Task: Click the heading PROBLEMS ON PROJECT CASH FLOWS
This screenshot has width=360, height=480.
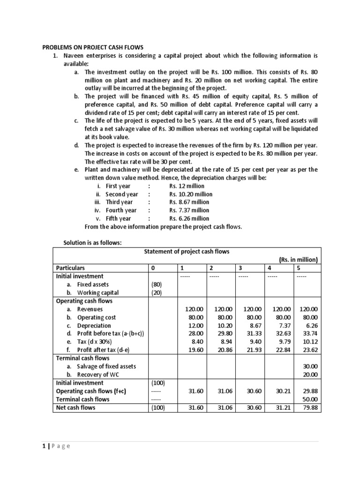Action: tap(93, 47)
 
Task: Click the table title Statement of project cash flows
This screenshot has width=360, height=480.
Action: tap(186, 251)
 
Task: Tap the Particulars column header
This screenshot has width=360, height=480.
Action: tap(71, 268)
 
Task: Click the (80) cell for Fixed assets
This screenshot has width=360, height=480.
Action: tap(156, 284)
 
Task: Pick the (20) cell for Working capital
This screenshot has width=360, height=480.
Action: tap(156, 292)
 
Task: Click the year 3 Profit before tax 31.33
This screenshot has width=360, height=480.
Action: tap(248, 333)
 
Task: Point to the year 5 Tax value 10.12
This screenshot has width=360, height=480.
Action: tap(308, 342)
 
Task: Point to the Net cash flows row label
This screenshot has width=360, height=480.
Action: tap(75, 407)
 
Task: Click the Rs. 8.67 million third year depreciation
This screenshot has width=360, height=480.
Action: tap(189, 202)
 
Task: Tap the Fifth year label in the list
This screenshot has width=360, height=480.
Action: tap(118, 218)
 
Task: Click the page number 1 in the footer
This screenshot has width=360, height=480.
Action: tap(44, 446)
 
